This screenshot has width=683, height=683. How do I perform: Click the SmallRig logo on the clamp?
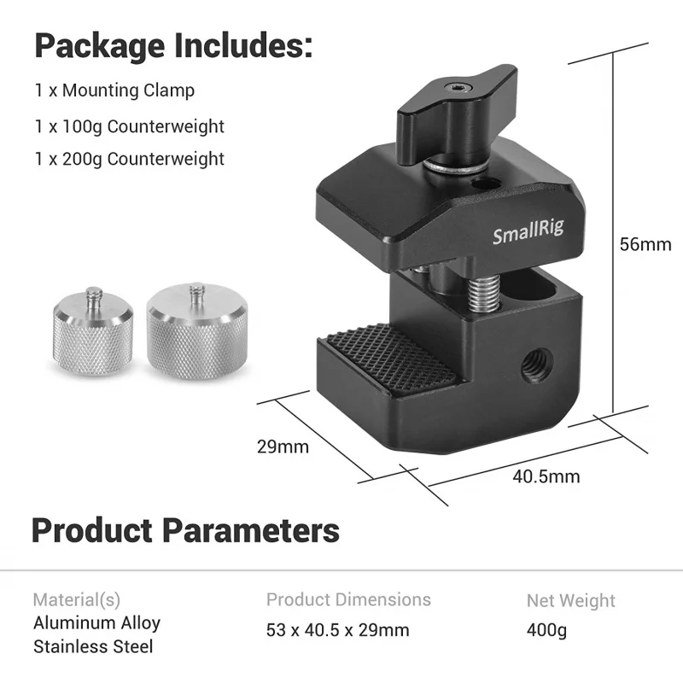point(528,231)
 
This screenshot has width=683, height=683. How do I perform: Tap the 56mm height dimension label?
point(645,244)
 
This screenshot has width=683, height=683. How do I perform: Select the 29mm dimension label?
point(283,447)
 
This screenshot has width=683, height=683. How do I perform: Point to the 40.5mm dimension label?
point(546,476)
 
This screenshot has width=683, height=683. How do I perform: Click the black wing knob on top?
point(457,114)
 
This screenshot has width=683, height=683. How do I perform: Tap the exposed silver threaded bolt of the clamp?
point(483,294)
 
